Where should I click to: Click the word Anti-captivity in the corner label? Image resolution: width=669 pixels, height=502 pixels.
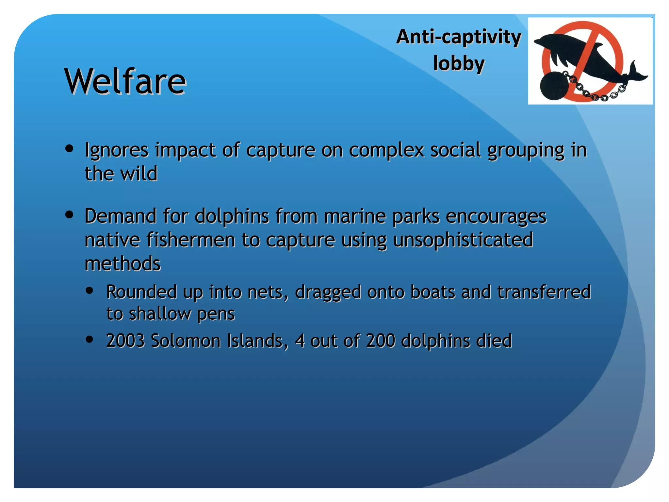458,37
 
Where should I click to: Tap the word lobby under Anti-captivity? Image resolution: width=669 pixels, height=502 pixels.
459,63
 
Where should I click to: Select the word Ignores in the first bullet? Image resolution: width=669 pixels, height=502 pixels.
117,150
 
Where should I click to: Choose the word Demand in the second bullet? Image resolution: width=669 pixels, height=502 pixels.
121,216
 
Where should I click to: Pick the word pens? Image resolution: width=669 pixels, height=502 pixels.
216,314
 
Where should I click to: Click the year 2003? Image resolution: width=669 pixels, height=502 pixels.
125,341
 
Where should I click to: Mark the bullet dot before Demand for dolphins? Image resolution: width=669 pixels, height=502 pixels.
69,215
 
